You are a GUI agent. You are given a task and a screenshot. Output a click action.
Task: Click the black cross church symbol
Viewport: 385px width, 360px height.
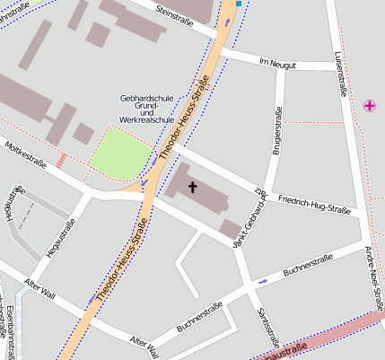192,187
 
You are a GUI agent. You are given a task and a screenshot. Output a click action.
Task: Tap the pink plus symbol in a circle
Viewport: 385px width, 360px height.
370,106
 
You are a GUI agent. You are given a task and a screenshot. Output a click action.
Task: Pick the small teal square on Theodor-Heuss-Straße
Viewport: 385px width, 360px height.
239,4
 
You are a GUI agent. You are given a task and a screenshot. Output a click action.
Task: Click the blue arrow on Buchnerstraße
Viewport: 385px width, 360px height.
262,281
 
